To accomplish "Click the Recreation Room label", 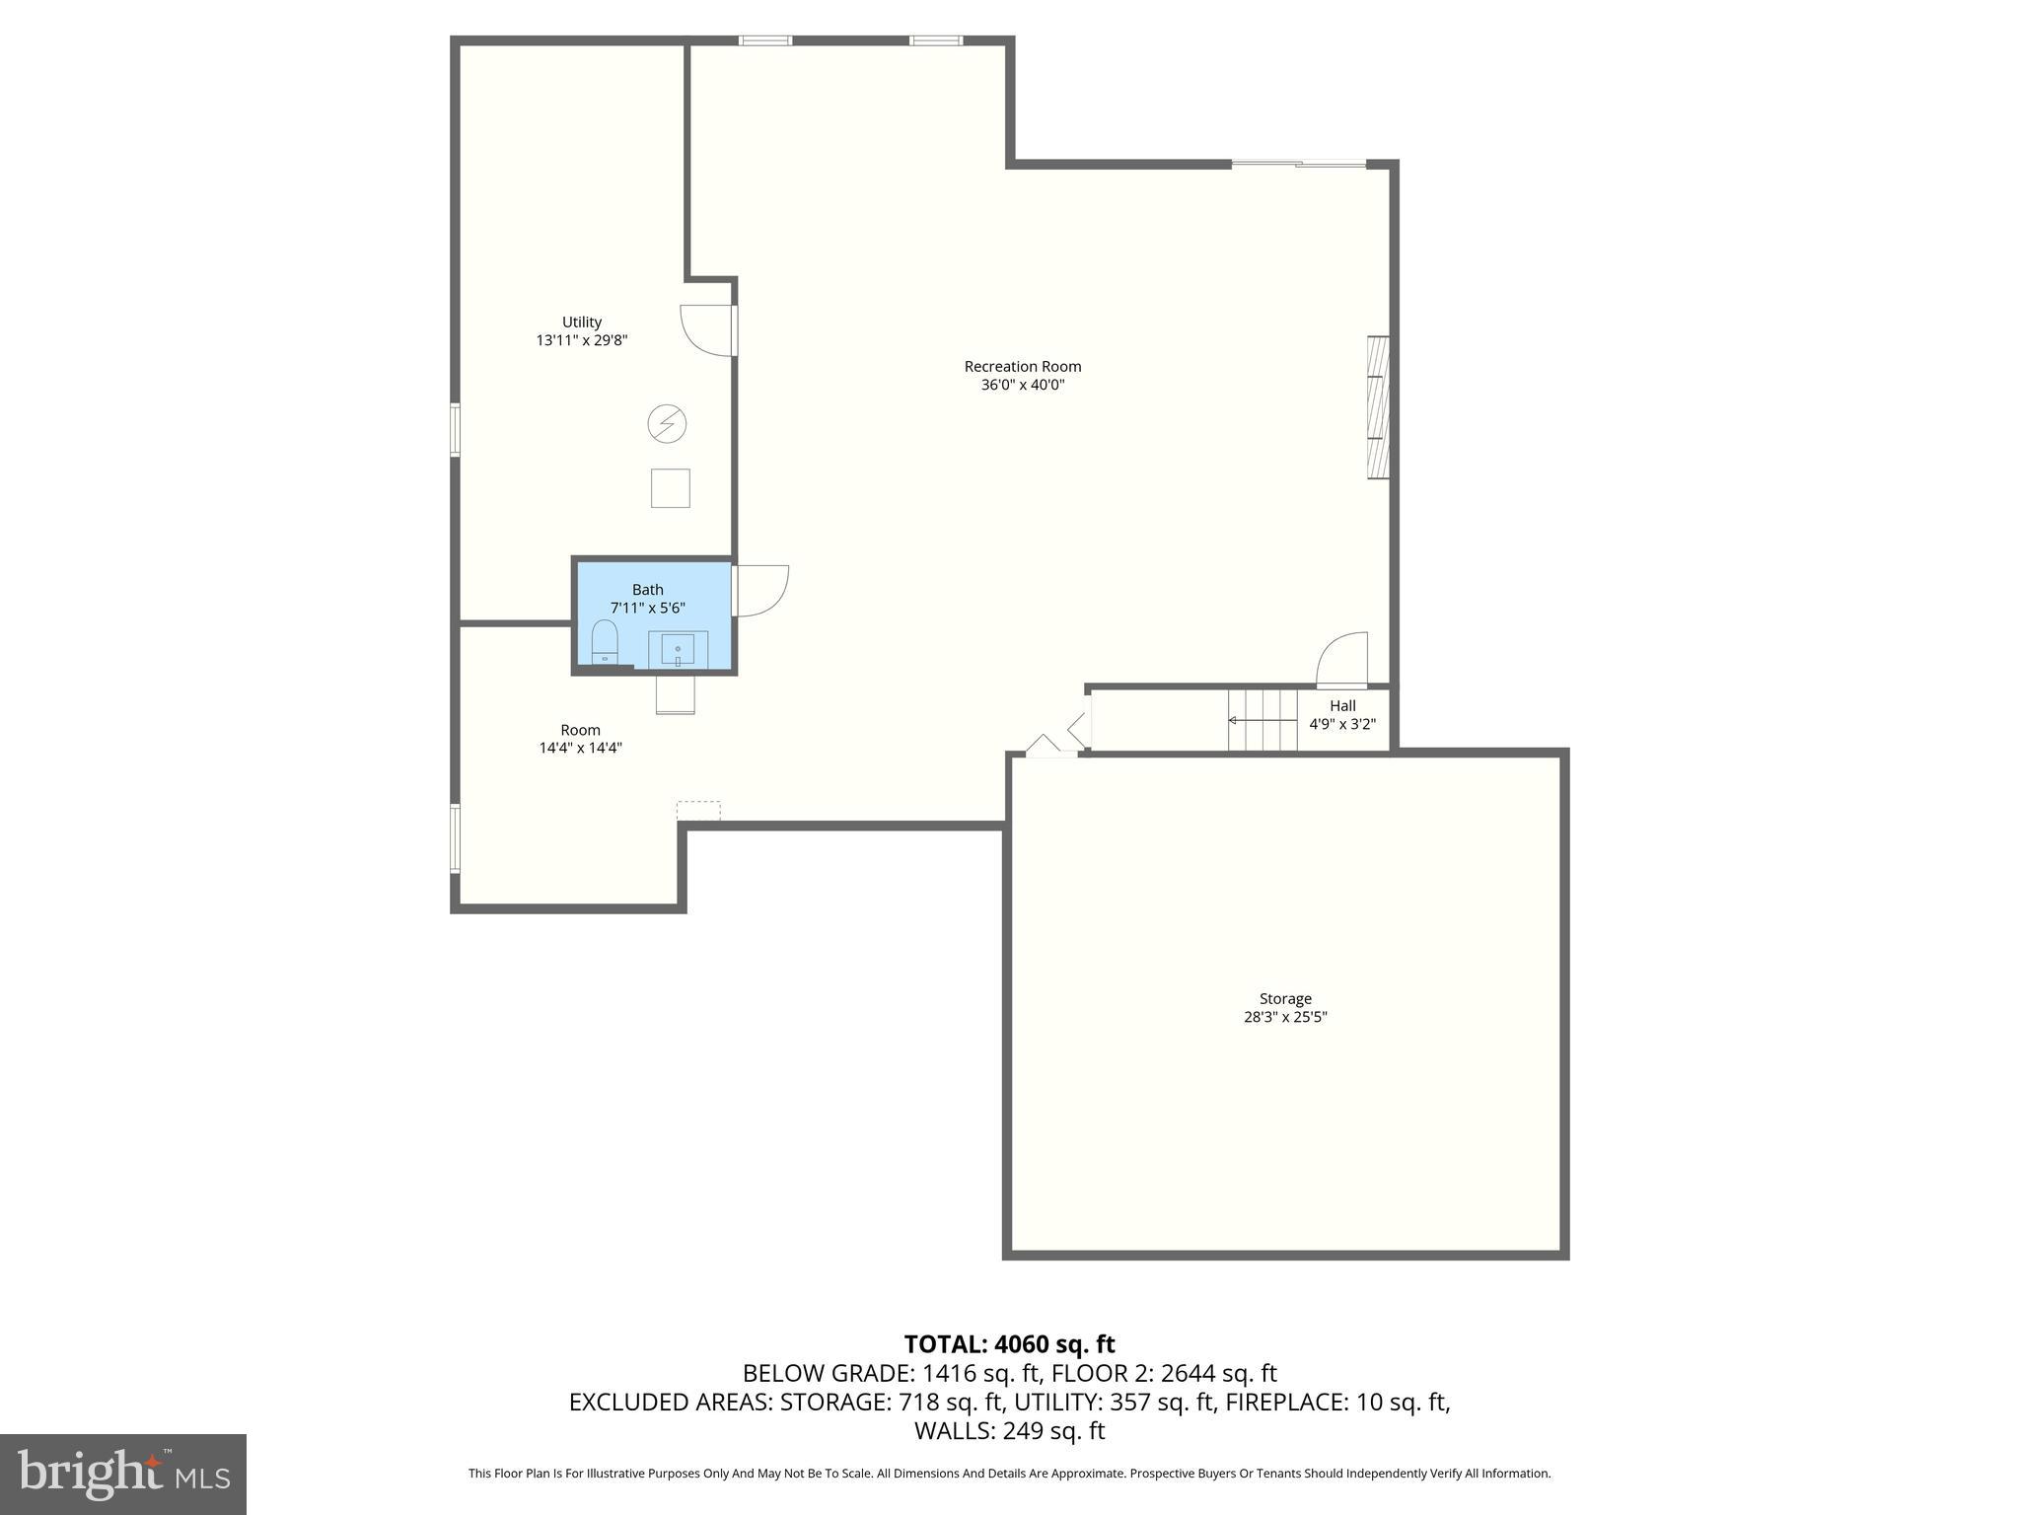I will click(1022, 366).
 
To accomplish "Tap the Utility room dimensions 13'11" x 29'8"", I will click(581, 340).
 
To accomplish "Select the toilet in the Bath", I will click(605, 642).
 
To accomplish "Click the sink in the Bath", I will click(678, 650).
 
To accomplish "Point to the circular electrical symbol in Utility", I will click(667, 424).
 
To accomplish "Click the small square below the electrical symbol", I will click(670, 488).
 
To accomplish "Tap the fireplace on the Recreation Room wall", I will click(1378, 407).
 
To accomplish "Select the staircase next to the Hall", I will click(1262, 720).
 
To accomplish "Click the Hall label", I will click(1342, 705).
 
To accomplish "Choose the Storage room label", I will click(1285, 998).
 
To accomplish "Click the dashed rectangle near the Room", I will click(698, 810).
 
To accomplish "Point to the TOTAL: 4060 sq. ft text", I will click(1009, 1344).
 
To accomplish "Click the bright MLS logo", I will click(123, 1474).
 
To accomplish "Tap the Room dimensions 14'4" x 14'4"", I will click(580, 748).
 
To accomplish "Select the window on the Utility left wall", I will click(455, 429).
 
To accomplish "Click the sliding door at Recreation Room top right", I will click(1299, 164).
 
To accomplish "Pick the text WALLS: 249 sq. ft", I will click(1009, 1431).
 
